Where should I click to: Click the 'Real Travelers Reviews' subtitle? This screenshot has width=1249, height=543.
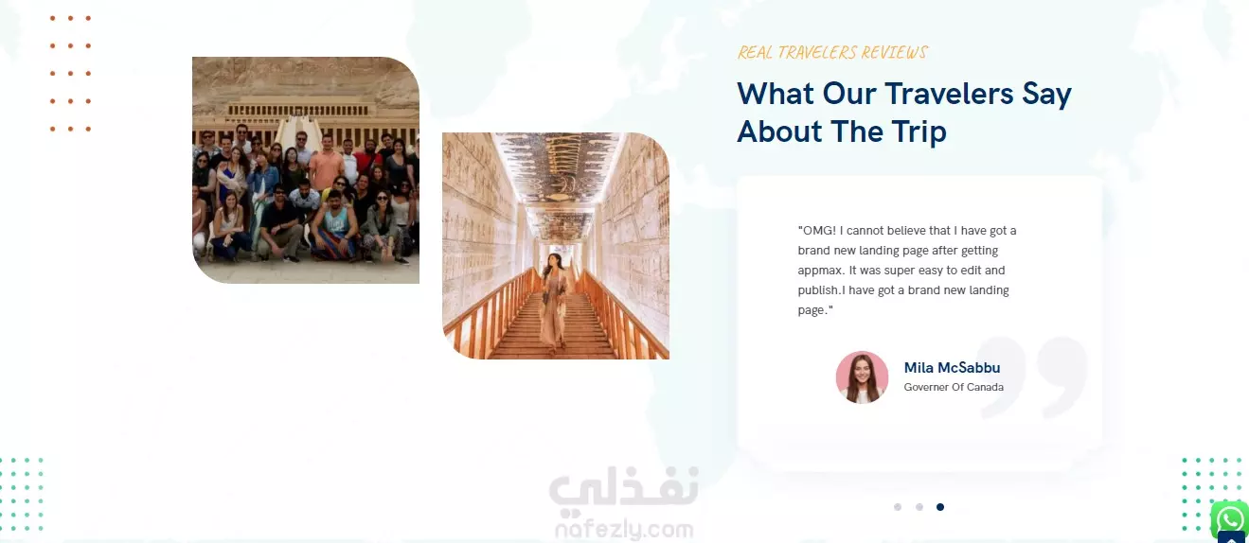pyautogui.click(x=832, y=52)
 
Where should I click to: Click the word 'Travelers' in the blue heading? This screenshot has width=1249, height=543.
pyautogui.click(x=949, y=93)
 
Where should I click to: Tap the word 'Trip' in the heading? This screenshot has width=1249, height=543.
pyautogui.click(x=919, y=132)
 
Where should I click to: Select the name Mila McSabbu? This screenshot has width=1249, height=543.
pyautogui.click(x=952, y=368)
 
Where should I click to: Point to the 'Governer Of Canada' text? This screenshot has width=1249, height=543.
pyautogui.click(x=954, y=387)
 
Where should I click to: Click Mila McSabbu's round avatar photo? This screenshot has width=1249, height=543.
pyautogui.click(x=862, y=377)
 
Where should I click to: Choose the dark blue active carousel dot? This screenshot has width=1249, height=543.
pyautogui.click(x=940, y=507)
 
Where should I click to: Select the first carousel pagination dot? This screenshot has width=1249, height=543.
pyautogui.click(x=897, y=507)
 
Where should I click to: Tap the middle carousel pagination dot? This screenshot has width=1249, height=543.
pyautogui.click(x=919, y=507)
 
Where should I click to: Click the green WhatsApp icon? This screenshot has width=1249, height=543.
pyautogui.click(x=1229, y=519)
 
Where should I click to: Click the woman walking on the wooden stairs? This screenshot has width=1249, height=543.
pyautogui.click(x=553, y=301)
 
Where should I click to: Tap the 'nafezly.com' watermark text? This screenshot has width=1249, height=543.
pyautogui.click(x=624, y=529)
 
